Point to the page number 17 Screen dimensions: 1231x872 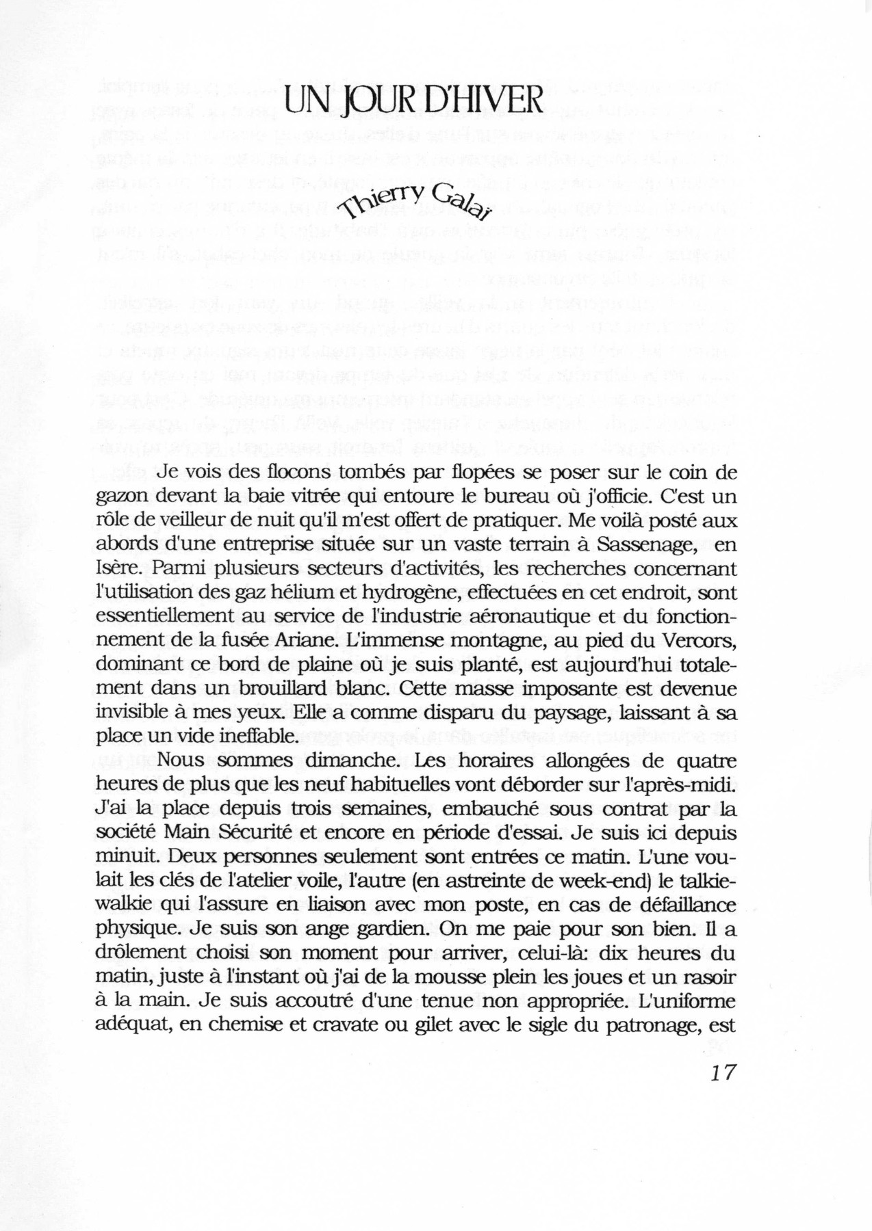[723, 1072]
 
